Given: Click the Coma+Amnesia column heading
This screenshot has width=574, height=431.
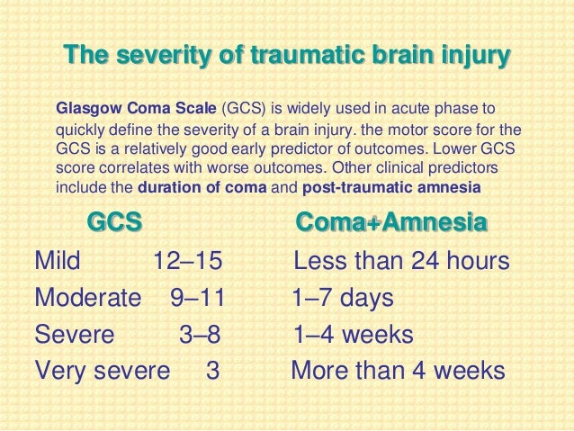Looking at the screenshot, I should point(391,222).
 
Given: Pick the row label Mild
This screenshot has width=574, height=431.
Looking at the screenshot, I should point(58,262).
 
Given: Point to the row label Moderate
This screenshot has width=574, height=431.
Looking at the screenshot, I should point(87,298).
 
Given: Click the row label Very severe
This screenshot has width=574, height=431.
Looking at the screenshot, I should point(102,371).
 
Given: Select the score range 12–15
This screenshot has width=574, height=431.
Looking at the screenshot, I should point(187,262).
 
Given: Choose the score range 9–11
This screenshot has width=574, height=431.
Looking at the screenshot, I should point(197,298).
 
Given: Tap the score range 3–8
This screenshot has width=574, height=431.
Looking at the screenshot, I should point(199,335).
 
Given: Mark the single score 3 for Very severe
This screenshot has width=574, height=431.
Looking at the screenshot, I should point(213,371).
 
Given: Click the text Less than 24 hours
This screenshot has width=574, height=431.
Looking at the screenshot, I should point(402,262).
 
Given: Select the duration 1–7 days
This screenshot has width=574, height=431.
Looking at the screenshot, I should point(343,298).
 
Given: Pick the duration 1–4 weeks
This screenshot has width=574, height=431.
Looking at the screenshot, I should point(353,335).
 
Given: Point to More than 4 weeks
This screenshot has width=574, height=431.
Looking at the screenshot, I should point(398,371).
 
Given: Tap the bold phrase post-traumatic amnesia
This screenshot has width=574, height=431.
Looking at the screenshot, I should point(392,188).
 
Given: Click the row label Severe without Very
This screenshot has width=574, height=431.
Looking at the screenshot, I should point(74,335).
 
